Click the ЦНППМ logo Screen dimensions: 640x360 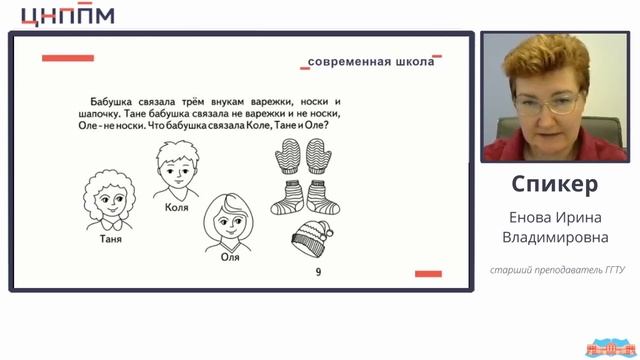coord(68,15)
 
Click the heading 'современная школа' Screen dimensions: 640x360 coord(371,62)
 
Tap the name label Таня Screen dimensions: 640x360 coord(111,239)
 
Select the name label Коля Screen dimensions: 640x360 coord(177,207)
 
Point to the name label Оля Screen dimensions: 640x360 coord(230,257)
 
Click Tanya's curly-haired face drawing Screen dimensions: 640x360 coord(109,200)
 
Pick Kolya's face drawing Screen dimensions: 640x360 coord(177,171)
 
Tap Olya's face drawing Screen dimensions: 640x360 coord(229,223)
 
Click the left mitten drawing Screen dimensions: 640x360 coord(289,156)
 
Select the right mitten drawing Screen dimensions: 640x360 coord(318,156)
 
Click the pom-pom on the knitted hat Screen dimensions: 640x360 coord(329,233)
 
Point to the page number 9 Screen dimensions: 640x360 coord(318,272)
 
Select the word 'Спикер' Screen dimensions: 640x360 coord(555,184)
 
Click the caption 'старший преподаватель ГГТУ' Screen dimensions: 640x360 coord(557,270)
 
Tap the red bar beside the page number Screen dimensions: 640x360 coord(428,274)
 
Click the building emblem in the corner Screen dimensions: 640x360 coord(611,348)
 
